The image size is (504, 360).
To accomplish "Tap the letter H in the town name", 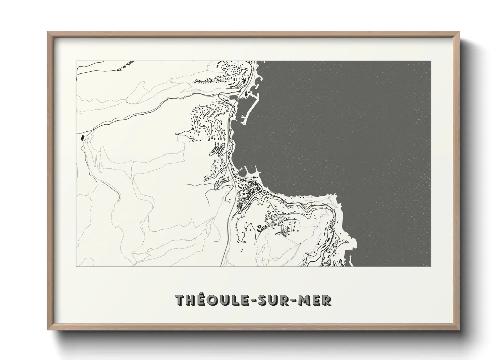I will click(x=191, y=300).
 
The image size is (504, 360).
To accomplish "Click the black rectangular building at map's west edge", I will click(x=82, y=137).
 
